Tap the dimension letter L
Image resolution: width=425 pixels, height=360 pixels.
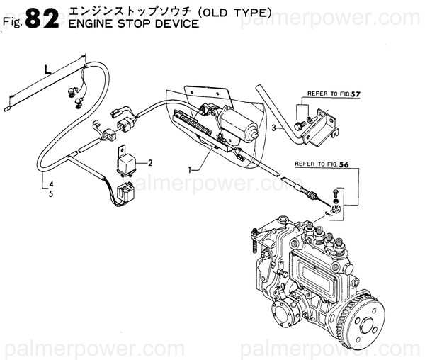47,69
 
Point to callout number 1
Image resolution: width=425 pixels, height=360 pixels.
190,170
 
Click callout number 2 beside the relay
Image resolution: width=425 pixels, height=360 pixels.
149,163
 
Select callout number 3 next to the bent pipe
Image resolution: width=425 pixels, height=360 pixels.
273,128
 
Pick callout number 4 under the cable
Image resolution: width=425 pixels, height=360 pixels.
50,185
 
